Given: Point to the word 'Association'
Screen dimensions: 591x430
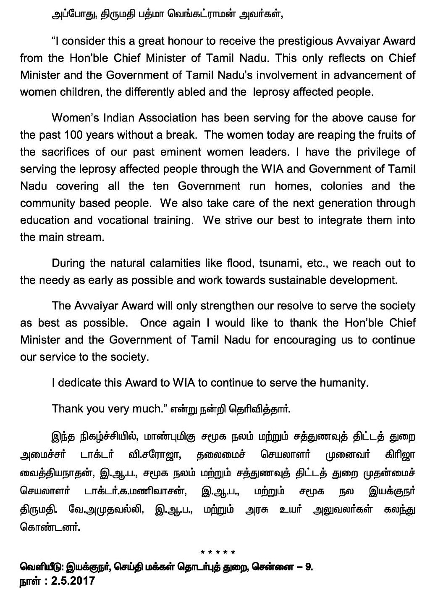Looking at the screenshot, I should [x=161, y=118].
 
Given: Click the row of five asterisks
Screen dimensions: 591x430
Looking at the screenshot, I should [x=218, y=552].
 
